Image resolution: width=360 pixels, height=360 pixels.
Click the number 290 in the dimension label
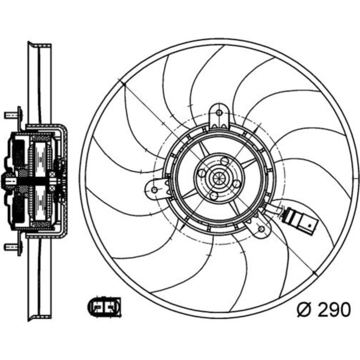(x=334, y=309)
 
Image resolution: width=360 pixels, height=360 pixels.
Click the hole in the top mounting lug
(x=219, y=113)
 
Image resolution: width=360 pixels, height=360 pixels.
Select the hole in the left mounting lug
(x=155, y=190)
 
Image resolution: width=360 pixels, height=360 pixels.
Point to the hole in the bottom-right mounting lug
(x=261, y=229)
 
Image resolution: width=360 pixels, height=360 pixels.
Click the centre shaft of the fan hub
(x=219, y=177)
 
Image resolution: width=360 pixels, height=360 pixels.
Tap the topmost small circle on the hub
(x=225, y=161)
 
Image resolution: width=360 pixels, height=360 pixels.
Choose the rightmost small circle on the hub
(x=237, y=184)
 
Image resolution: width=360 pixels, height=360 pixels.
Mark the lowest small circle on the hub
(x=213, y=195)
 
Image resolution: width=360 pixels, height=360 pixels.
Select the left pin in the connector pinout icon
(x=97, y=307)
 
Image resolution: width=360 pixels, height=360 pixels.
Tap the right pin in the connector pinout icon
(x=111, y=307)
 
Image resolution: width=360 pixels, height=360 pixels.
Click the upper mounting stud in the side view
(x=12, y=115)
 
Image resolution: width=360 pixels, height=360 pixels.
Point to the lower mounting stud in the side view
(x=12, y=247)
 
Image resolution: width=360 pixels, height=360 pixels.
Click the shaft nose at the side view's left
(x=6, y=181)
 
